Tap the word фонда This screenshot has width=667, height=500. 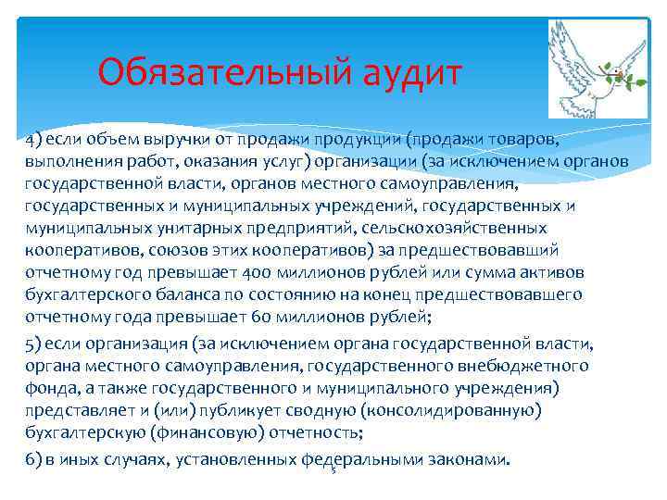click(51, 389)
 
